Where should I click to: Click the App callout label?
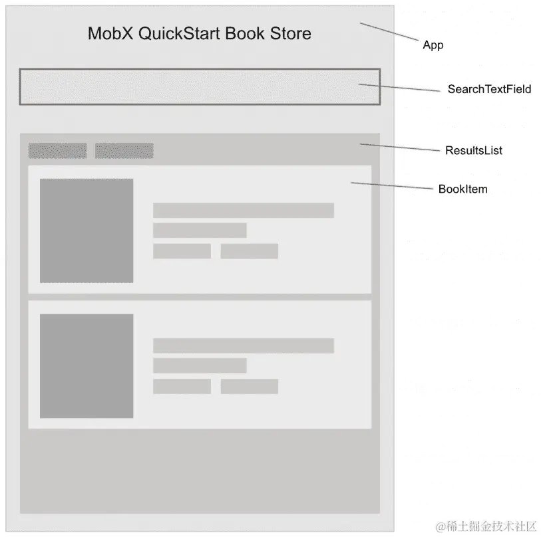[x=433, y=45]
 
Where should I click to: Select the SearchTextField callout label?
[x=489, y=89]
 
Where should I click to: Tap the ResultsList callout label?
[x=473, y=150]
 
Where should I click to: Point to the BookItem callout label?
[x=462, y=189]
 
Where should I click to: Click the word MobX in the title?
[x=110, y=33]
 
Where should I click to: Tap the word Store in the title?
[x=290, y=33]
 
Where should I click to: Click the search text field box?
[x=200, y=86]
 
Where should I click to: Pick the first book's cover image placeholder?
[x=87, y=231]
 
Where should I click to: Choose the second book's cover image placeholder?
[x=87, y=366]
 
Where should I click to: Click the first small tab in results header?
[x=57, y=151]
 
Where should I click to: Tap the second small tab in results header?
[x=124, y=151]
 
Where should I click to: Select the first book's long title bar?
[x=243, y=211]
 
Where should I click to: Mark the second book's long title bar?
[x=243, y=346]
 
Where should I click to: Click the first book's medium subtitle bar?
[x=200, y=231]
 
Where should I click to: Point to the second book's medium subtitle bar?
[x=200, y=366]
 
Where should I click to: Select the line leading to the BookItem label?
[x=393, y=186]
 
